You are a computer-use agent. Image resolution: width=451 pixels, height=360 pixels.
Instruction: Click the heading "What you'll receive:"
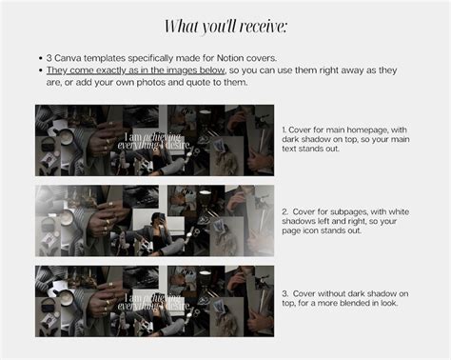tap(225, 27)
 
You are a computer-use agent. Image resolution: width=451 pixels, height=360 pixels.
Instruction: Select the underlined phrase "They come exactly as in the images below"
tap(136, 70)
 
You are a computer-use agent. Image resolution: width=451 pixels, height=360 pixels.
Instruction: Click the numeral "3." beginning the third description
tap(285, 293)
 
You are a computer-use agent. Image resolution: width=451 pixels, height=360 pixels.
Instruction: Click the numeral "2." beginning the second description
tap(285, 211)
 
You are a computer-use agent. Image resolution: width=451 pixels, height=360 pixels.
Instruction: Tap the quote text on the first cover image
tap(154, 141)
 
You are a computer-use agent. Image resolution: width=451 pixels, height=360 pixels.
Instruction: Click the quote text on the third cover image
tap(154, 302)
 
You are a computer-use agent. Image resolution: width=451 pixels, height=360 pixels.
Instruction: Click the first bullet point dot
tap(40, 58)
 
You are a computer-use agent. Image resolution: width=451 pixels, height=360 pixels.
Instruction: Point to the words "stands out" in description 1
tap(318, 149)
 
